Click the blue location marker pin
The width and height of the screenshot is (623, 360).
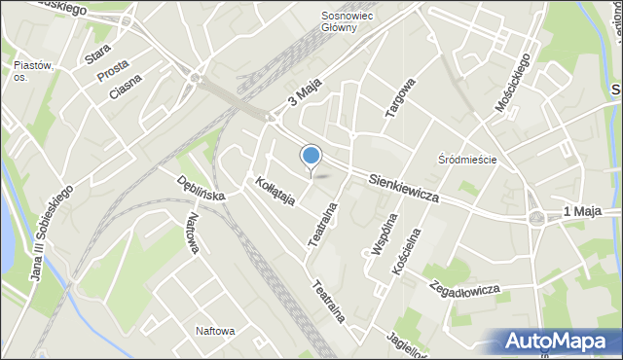point(311,156)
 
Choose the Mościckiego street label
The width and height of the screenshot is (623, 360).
point(512,82)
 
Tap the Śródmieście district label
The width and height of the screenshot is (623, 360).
point(467,160)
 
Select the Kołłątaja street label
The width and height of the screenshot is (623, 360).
point(275,191)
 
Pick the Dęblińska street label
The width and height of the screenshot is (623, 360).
point(202,188)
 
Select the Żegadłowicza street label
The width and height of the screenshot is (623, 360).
point(464,288)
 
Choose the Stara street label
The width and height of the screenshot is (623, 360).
point(97,53)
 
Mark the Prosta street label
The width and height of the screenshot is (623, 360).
point(112,71)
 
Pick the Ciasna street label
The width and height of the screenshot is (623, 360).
point(126,87)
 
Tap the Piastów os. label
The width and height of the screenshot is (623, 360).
point(32,72)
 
